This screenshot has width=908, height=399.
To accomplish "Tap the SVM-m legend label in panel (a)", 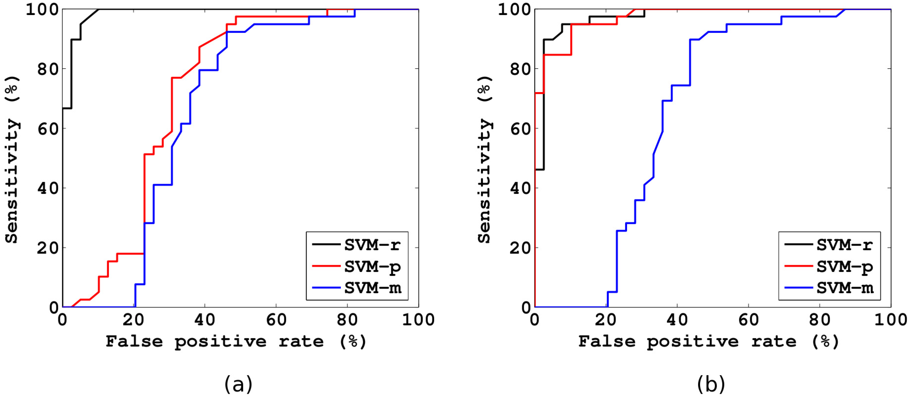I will click(x=372, y=288).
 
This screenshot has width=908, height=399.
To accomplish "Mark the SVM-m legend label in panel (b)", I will click(x=845, y=288).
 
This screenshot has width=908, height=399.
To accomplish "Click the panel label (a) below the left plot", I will click(x=239, y=384).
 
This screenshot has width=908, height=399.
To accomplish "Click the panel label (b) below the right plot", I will click(x=711, y=384).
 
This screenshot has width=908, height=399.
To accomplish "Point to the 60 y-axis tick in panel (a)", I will click(x=48, y=129).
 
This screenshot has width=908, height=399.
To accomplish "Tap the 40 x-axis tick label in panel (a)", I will click(x=204, y=320).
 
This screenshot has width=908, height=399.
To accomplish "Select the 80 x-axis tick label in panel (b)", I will click(x=819, y=320).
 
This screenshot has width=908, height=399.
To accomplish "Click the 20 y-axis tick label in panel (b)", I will click(x=520, y=248).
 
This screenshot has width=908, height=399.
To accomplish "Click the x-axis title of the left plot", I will click(x=236, y=341).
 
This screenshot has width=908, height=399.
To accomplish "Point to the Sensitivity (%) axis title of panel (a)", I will click(x=12, y=159).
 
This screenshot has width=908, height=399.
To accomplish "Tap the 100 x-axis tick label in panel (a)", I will click(x=418, y=320).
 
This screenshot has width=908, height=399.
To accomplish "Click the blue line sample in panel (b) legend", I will click(x=798, y=288).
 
